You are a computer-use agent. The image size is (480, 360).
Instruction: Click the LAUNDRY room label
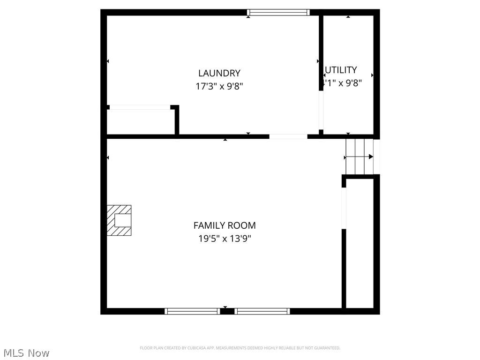coord(219,73)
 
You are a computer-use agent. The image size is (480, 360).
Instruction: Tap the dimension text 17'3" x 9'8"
coord(219,86)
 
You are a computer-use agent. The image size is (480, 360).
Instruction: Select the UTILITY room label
coord(341,70)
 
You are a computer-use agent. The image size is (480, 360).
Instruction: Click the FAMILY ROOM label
coord(225,225)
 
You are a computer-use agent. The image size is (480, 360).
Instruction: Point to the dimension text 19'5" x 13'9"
coord(225,239)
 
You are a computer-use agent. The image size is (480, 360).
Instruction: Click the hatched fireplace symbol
coord(119,220)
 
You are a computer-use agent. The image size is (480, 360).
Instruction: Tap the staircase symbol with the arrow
coord(360,157)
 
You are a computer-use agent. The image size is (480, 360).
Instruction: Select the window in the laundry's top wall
coord(278,13)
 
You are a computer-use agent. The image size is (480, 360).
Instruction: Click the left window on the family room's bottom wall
coord(192,311)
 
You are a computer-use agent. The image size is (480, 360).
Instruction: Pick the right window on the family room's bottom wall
coord(262,311)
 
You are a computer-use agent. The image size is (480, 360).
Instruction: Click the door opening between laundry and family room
coord(288,136)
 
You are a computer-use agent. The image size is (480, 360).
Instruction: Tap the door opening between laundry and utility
coord(321,110)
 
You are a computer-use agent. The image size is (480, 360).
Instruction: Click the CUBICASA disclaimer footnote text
coord(240,348)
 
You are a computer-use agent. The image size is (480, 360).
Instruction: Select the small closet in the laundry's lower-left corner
coord(141,122)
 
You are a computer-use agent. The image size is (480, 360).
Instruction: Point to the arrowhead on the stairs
coord(371,157)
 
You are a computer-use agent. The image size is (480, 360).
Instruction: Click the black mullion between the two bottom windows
coord(227,311)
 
